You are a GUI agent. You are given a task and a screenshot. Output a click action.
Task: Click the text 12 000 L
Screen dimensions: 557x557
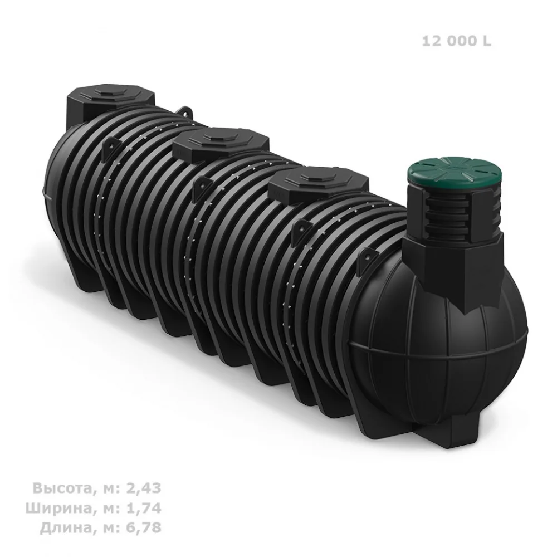457,41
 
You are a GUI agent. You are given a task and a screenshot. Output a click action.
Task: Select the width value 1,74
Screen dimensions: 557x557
144,508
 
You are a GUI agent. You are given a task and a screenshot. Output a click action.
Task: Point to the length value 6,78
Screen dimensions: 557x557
144,528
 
